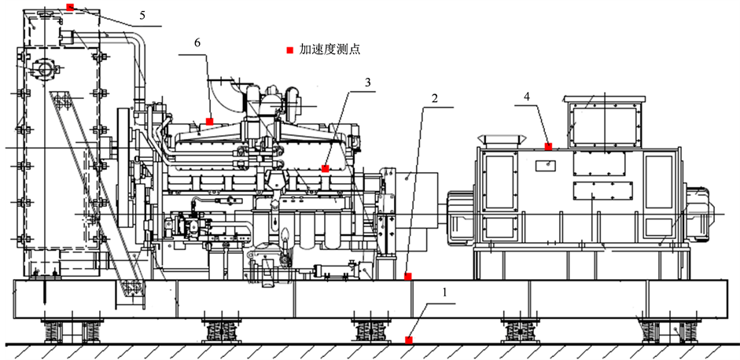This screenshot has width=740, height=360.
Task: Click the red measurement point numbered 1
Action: pos(409,340)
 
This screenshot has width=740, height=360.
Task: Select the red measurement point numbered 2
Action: pos(408,276)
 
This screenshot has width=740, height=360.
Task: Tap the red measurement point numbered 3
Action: pos(325,168)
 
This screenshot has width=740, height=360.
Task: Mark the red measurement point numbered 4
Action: pos(548,146)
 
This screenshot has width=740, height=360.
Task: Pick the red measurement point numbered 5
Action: pos(70,7)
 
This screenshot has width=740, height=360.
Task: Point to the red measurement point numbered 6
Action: pos(209,121)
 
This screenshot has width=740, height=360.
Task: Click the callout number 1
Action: pos(444,292)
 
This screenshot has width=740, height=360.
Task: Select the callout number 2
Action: pos(435,98)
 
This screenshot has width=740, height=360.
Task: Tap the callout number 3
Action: pos(367,82)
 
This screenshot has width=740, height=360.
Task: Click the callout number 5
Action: pos(142,16)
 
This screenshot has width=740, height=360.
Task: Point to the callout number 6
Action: pos(197,42)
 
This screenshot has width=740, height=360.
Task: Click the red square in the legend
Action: pos(290,50)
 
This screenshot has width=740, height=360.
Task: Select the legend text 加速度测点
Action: pos(330,50)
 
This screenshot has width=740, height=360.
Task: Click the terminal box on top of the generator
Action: pos(605,121)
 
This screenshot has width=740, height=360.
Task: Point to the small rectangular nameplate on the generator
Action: pos(545,164)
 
